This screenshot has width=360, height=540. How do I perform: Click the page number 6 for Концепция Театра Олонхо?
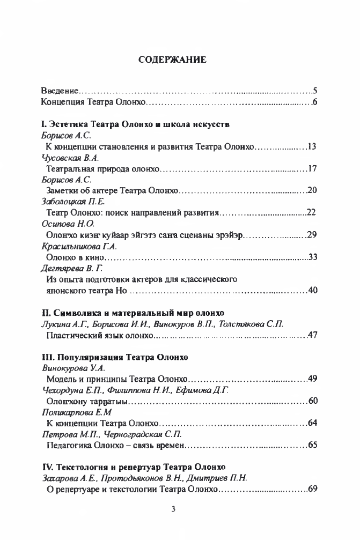(x=316, y=102)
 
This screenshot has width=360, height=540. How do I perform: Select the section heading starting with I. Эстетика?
(x=136, y=125)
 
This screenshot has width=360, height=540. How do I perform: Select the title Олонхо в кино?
(x=77, y=257)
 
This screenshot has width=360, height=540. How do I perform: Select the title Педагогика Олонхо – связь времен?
(x=116, y=446)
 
